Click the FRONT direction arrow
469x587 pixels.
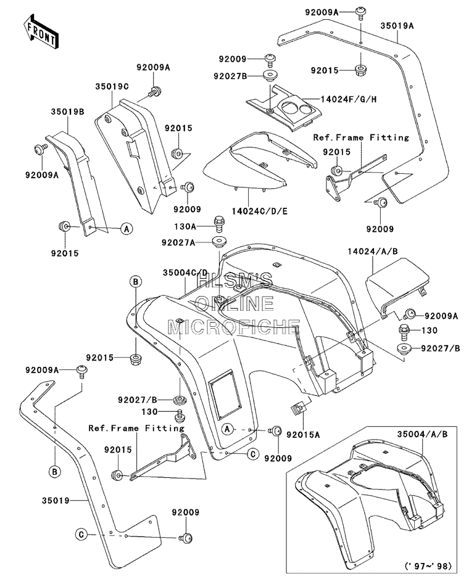click(x=41, y=31)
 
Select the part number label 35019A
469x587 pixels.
click(x=397, y=26)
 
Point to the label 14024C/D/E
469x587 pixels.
click(x=260, y=211)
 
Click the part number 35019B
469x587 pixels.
click(x=67, y=112)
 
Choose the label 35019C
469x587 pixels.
click(x=112, y=86)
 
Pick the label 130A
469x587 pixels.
click(x=185, y=226)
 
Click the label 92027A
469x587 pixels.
click(x=178, y=242)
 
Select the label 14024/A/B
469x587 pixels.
click(x=372, y=251)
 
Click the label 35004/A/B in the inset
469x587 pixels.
click(x=422, y=434)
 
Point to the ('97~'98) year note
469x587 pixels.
click(x=428, y=565)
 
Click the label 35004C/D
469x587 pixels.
click(x=185, y=273)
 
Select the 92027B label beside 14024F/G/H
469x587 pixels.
click(x=230, y=76)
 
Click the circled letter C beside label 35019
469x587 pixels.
click(x=81, y=535)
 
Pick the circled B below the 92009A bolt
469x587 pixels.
click(x=55, y=472)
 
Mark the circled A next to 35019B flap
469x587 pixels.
click(x=127, y=228)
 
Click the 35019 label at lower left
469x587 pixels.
click(x=56, y=500)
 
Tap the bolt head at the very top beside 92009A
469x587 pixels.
click(x=361, y=12)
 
